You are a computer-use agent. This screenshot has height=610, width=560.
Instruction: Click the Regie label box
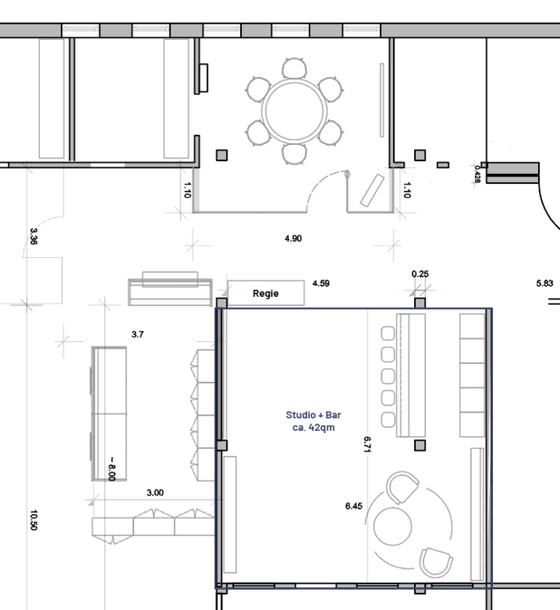tap(266, 293)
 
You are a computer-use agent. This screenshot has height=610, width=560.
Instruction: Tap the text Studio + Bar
tap(313, 415)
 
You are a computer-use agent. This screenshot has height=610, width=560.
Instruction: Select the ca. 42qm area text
tap(313, 428)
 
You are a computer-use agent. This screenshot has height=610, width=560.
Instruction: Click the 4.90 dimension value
tap(293, 238)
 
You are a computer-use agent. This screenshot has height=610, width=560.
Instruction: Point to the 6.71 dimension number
tap(367, 445)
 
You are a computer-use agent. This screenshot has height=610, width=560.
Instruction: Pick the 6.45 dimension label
tap(354, 506)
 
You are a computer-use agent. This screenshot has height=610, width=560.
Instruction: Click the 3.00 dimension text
tap(155, 493)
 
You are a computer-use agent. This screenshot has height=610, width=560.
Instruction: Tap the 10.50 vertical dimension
tap(33, 520)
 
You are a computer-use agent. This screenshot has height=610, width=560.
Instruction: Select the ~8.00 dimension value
tap(112, 469)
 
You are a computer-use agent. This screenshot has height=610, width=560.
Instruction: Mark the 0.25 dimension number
tap(420, 274)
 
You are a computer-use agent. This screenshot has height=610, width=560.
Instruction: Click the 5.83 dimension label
tap(545, 283)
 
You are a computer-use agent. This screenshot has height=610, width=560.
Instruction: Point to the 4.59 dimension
tap(321, 283)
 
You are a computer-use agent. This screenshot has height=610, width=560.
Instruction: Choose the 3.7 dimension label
tap(137, 334)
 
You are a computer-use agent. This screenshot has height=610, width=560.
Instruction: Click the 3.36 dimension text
tap(33, 237)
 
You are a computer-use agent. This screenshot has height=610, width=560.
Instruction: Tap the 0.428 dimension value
tap(478, 174)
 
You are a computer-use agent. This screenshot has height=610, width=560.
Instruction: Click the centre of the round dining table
tap(294, 111)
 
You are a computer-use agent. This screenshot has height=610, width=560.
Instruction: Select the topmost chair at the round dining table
tap(294, 68)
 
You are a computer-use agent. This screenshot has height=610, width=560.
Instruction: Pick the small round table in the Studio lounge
tap(392, 526)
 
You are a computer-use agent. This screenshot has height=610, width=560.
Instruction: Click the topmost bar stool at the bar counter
tap(388, 333)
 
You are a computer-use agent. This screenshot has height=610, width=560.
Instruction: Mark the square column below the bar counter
tap(420, 445)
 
